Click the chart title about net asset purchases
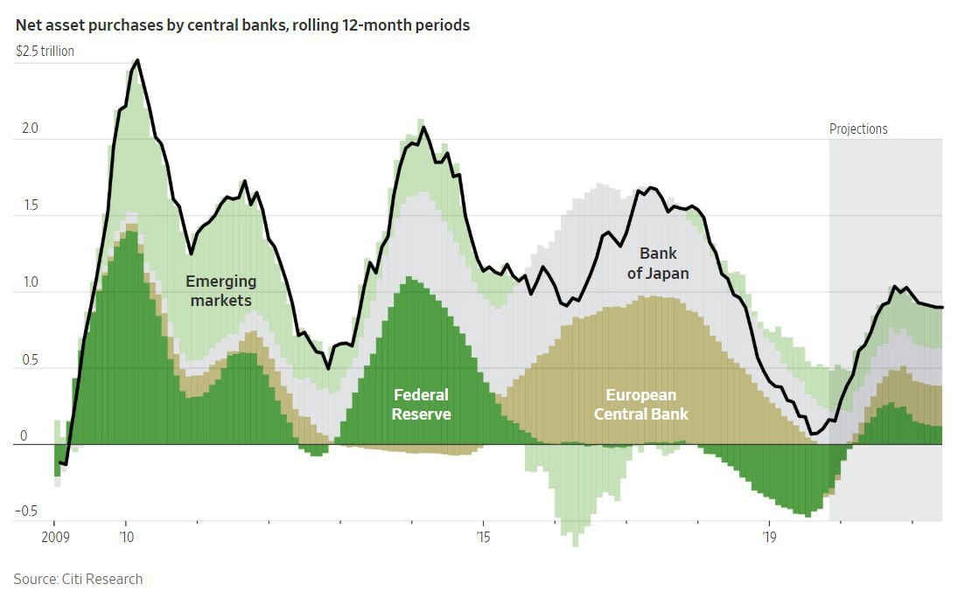click(x=242, y=25)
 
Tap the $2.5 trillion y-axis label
click(x=45, y=51)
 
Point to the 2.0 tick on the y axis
click(x=30, y=129)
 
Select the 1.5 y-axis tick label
click(x=30, y=205)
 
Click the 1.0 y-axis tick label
click(x=30, y=282)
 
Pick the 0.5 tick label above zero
click(x=30, y=359)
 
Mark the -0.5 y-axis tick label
click(x=28, y=511)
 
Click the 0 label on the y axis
click(x=24, y=435)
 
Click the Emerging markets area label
click(x=220, y=291)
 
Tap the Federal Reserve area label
click(x=421, y=404)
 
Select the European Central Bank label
click(x=641, y=404)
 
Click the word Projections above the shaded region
click(x=858, y=129)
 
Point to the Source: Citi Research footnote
click(x=78, y=579)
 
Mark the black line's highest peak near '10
click(x=138, y=60)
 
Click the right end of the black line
click(x=941, y=307)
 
